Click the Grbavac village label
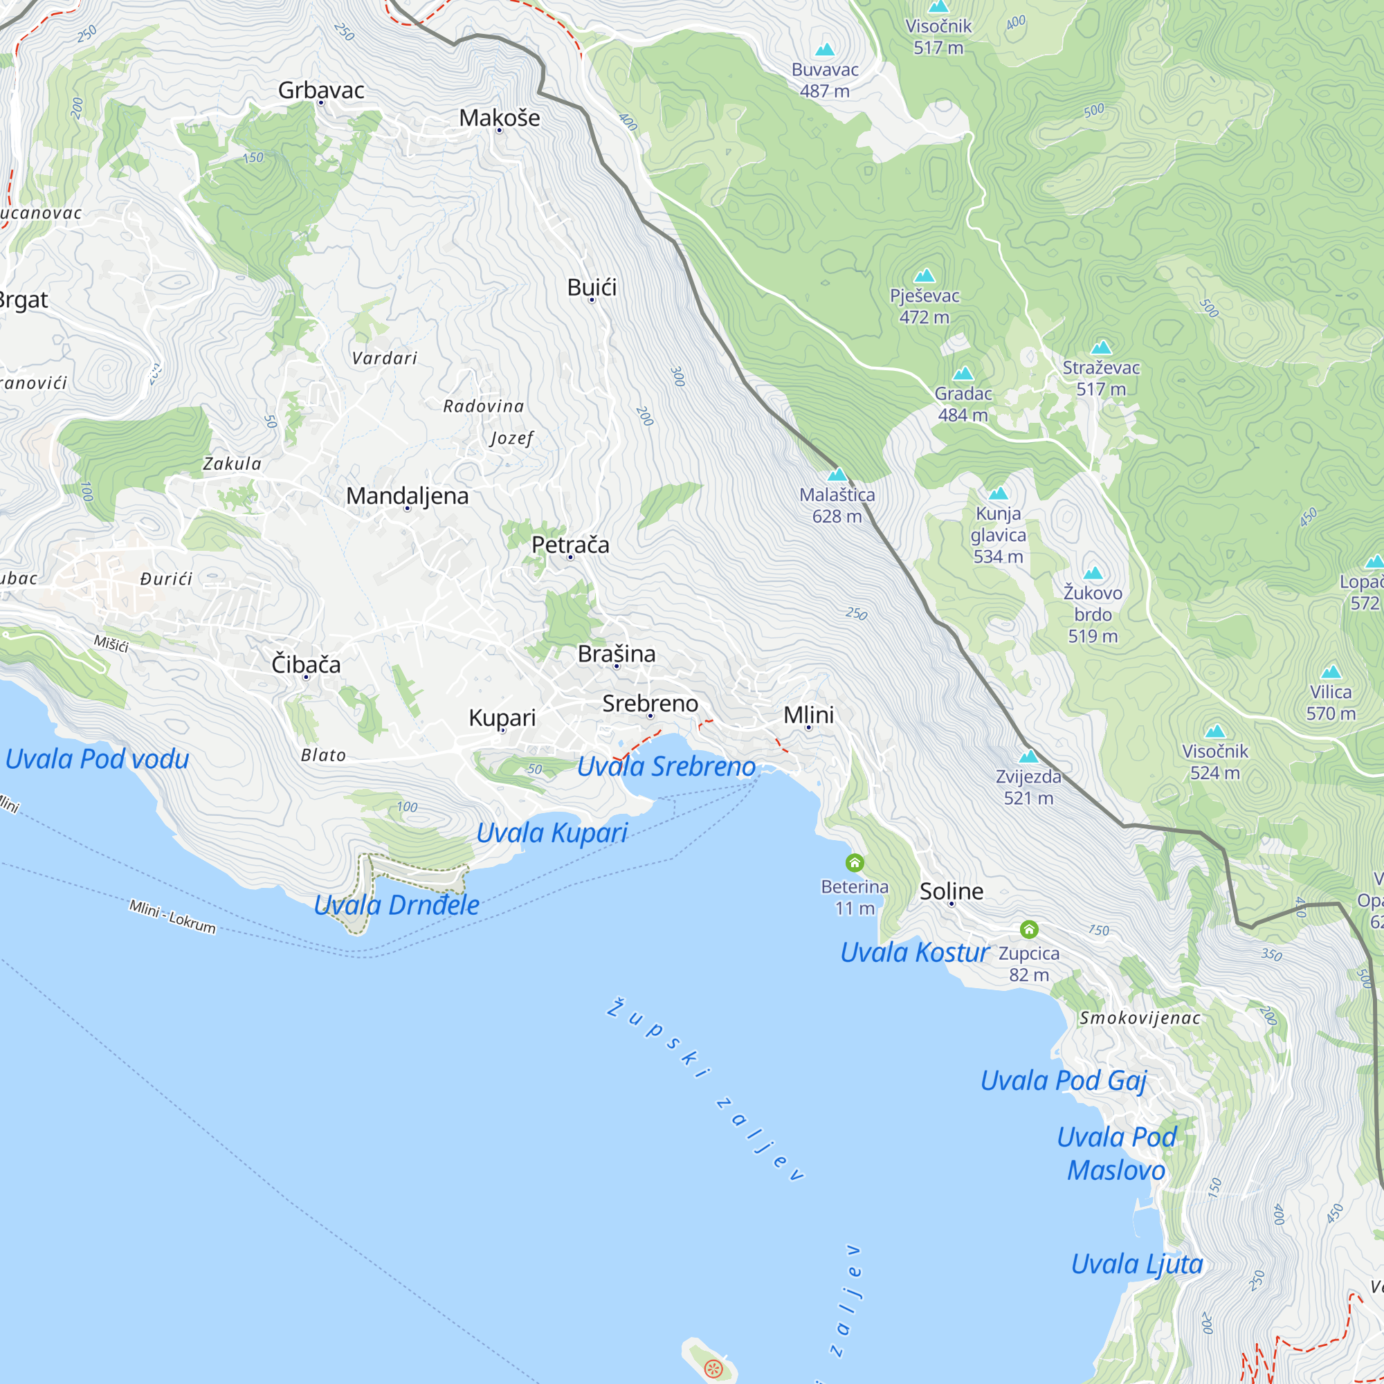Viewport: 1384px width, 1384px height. tap(321, 90)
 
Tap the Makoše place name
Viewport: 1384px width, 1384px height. tap(500, 118)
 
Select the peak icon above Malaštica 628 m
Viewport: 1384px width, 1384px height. tap(837, 474)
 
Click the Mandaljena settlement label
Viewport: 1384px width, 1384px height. tap(407, 495)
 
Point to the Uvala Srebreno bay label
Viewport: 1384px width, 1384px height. tap(666, 767)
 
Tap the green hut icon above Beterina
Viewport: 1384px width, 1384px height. tap(855, 862)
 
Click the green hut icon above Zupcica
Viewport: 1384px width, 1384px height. tap(1029, 930)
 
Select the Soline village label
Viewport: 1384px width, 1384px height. tap(951, 891)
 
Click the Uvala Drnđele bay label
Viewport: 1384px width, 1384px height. tap(396, 905)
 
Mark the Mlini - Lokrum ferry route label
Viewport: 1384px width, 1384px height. tap(172, 917)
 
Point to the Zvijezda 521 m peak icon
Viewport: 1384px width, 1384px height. tap(1028, 756)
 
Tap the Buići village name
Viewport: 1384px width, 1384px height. tap(592, 287)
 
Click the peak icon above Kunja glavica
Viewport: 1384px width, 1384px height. tap(998, 493)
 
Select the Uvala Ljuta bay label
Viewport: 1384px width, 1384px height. tap(1137, 1264)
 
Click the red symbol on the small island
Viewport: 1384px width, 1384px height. tap(713, 1369)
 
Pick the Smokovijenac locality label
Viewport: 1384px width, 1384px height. tap(1140, 1018)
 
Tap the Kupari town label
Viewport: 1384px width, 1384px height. tap(502, 718)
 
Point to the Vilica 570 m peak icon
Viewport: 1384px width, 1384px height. tap(1330, 672)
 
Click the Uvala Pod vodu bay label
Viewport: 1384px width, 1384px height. tap(98, 759)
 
